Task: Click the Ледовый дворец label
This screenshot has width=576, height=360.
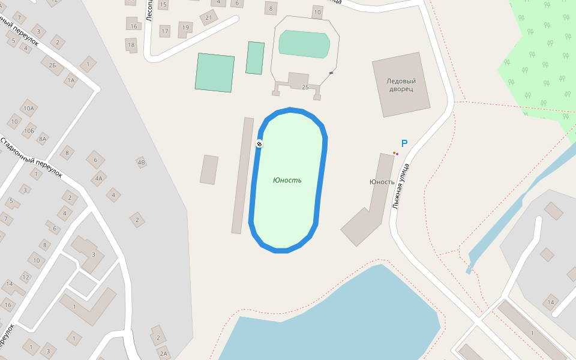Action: click(x=401, y=85)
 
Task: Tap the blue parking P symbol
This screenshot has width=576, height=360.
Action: click(x=404, y=144)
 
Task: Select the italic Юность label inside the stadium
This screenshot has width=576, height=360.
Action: click(x=287, y=180)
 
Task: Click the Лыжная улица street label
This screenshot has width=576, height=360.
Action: click(x=400, y=185)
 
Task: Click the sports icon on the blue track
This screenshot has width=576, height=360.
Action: click(x=259, y=143)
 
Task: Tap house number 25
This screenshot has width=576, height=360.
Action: click(x=305, y=88)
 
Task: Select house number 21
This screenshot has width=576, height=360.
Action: click(x=209, y=17)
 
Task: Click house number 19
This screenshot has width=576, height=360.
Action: click(x=185, y=27)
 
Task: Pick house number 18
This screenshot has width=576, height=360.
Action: click(x=131, y=44)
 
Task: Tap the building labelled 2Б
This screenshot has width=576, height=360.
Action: click(x=52, y=65)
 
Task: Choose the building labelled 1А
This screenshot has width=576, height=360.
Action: click(x=71, y=80)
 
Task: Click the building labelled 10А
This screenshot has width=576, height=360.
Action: click(x=28, y=109)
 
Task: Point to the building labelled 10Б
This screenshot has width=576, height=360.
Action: click(x=29, y=130)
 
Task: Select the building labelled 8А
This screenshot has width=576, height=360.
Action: click(x=42, y=139)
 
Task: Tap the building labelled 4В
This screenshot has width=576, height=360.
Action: click(x=142, y=162)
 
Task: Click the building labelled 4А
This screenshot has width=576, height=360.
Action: click(x=99, y=178)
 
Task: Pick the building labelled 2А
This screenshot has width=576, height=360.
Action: click(x=163, y=353)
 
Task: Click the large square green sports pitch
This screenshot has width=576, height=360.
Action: click(x=214, y=73)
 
